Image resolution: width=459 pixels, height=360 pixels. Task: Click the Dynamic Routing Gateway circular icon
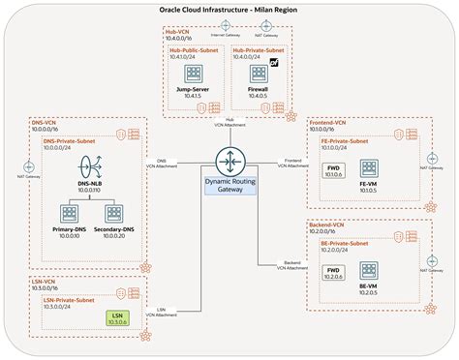(229, 159)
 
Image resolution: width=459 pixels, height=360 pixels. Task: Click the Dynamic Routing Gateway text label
(229, 186)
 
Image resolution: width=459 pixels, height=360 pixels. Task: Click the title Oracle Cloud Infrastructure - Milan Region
(229, 9)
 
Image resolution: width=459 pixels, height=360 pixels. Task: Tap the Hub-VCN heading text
(177, 31)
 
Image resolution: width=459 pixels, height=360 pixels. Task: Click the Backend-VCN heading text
(330, 225)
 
